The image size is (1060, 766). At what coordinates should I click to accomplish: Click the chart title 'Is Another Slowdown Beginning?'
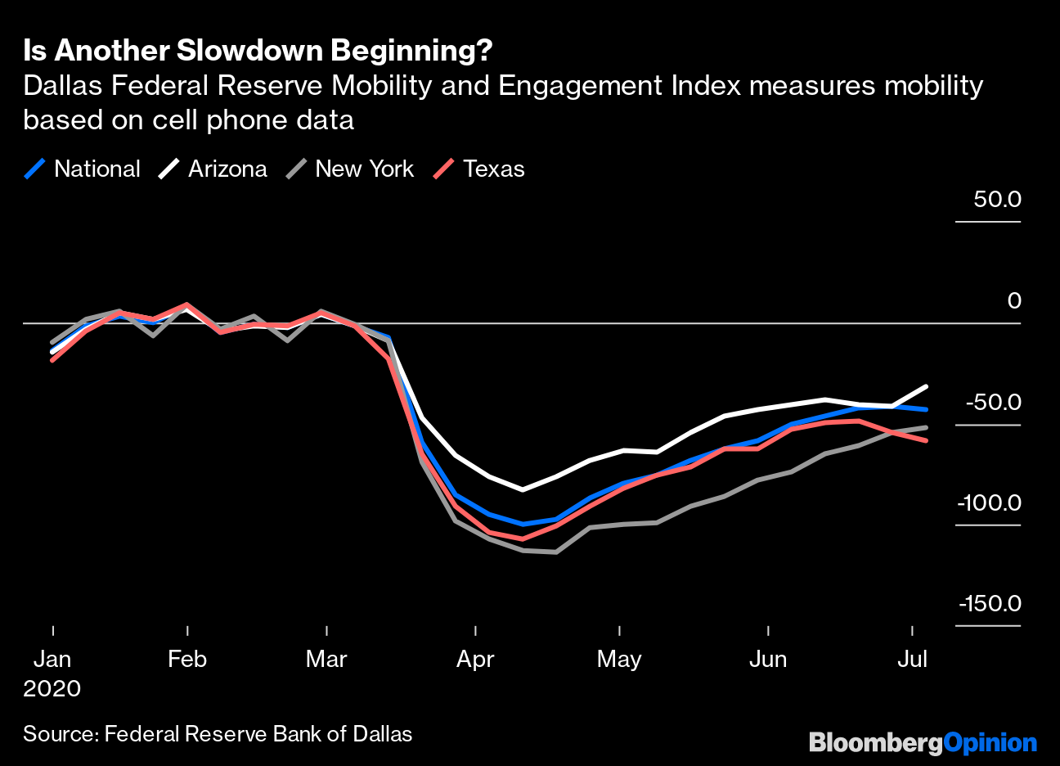tap(258, 51)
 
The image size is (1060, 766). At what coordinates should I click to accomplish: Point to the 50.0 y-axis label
tap(997, 199)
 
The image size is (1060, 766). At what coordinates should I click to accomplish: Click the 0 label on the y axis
tap(1014, 300)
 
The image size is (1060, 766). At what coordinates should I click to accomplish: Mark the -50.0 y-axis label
tap(993, 402)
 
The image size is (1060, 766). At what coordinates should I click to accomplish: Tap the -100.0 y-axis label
tap(989, 502)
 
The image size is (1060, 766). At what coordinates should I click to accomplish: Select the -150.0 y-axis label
tap(990, 604)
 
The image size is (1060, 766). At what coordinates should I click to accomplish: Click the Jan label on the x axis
tap(52, 659)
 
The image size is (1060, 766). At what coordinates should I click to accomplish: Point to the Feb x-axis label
tap(187, 659)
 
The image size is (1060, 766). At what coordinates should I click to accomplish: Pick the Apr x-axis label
tap(475, 659)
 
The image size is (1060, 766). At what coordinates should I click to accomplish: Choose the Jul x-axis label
tap(913, 659)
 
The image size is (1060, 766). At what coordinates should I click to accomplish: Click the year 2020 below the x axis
tap(52, 688)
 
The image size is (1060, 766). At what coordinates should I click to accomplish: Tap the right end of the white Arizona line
tap(926, 386)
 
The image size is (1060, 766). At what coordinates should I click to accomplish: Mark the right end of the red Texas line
tap(926, 440)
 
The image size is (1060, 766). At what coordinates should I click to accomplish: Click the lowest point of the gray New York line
tap(556, 552)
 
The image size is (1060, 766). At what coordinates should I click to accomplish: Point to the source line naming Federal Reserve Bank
tap(218, 734)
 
